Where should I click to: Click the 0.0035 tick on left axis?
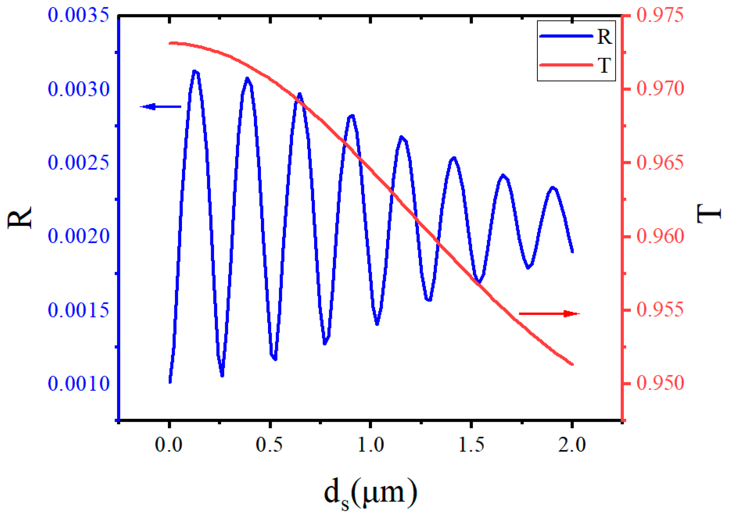click(79, 15)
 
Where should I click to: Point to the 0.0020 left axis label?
click(79, 236)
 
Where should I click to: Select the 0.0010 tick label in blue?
click(79, 384)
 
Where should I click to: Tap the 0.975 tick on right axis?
click(660, 15)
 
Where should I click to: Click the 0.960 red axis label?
click(660, 236)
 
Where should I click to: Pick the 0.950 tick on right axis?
click(660, 383)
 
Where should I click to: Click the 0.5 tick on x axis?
click(269, 445)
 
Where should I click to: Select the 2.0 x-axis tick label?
click(572, 445)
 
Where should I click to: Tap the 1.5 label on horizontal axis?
click(471, 445)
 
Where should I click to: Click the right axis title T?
click(709, 214)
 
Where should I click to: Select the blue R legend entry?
click(576, 36)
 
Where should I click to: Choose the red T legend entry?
click(576, 65)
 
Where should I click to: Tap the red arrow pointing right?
click(549, 314)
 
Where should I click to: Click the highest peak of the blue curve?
click(195, 71)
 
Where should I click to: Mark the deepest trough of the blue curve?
click(222, 375)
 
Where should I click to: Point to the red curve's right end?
click(572, 364)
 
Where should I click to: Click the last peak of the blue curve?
click(553, 188)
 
